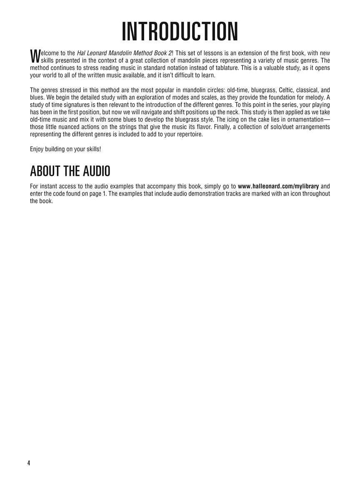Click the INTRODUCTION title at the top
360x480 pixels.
pos(180,32)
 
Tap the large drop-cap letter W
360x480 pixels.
pos(35,55)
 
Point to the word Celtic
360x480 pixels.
pos(272,90)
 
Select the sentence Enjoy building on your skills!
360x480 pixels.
pos(65,149)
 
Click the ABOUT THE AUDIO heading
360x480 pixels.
pos(70,171)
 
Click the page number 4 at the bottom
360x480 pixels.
pos(29,463)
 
